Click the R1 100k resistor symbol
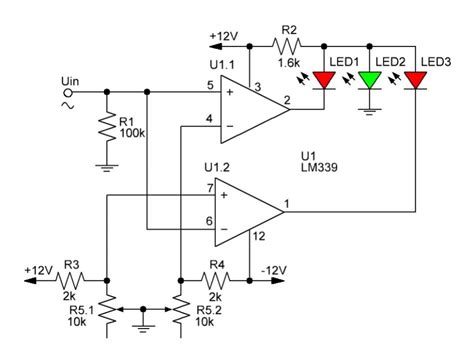[106, 128]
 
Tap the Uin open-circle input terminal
[70, 92]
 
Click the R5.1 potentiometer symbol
[107, 312]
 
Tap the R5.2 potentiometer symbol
[179, 312]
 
